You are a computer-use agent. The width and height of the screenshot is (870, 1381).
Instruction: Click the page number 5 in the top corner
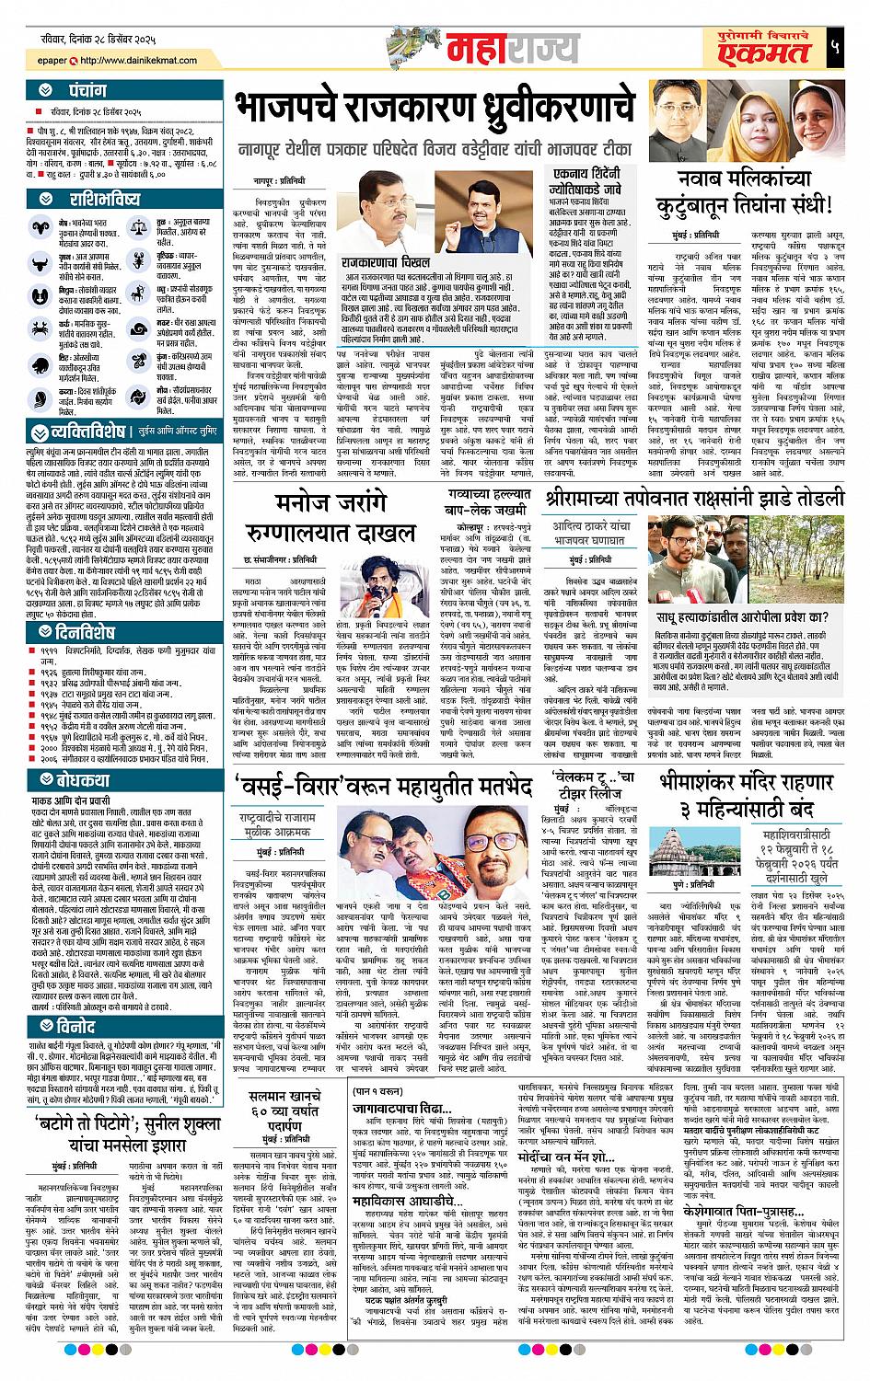point(833,47)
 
